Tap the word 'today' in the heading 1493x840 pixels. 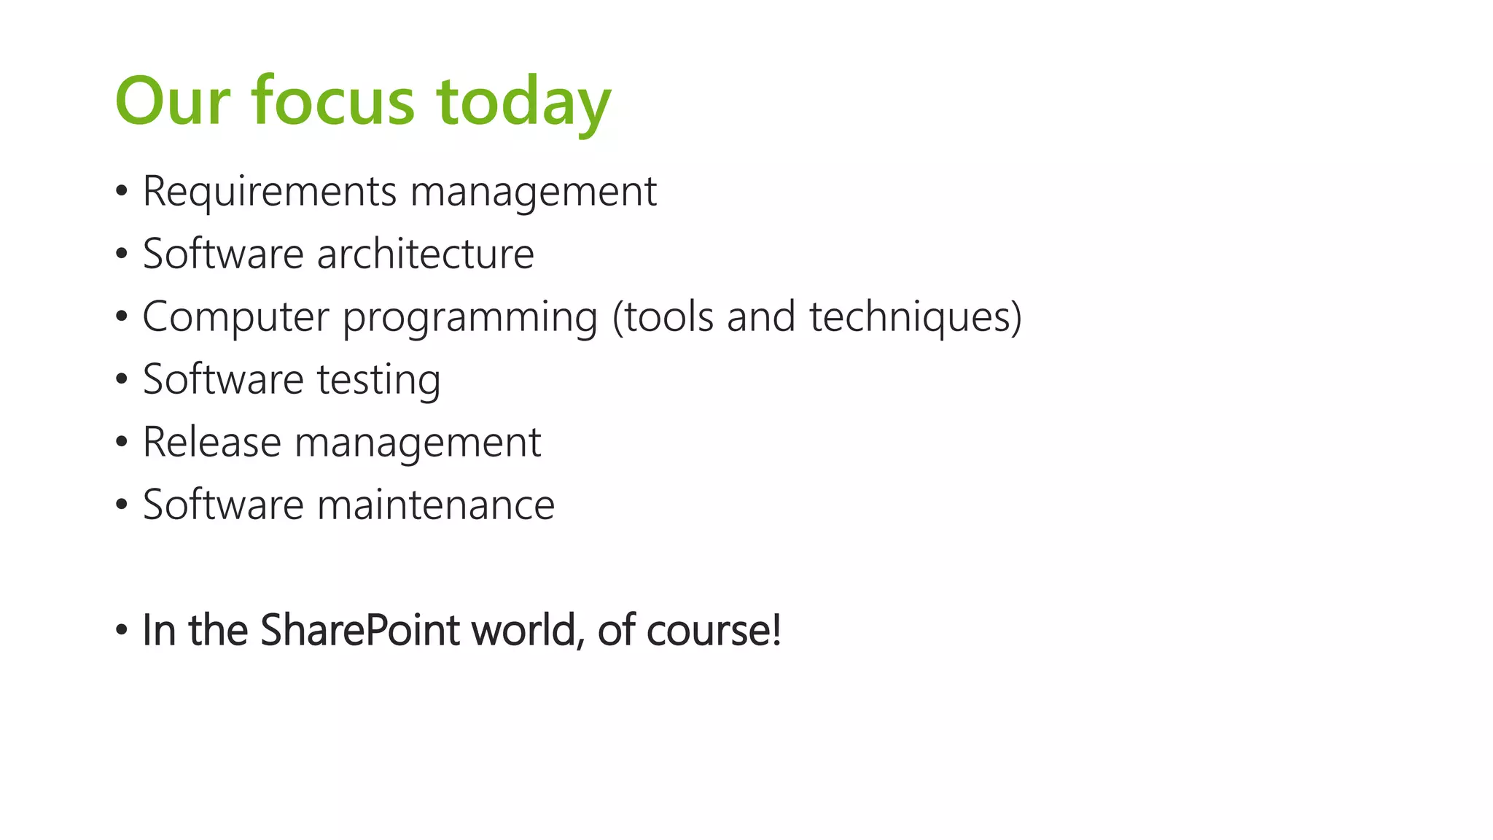tap(523, 102)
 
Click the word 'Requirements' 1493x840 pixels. tap(270, 192)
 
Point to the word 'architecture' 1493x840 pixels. tap(425, 254)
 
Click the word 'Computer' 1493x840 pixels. tap(235, 316)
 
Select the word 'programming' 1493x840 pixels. tap(470, 318)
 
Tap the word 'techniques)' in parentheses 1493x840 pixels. tap(916, 316)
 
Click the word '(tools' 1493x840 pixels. tap(663, 316)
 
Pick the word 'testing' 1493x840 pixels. tap(378, 380)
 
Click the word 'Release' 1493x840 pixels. tap(211, 442)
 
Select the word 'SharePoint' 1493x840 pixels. tap(359, 630)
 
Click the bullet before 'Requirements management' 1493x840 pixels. tap(122, 192)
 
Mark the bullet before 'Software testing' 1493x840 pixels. tap(122, 380)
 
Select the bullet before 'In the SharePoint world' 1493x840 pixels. tap(122, 630)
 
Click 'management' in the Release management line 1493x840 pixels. tap(417, 443)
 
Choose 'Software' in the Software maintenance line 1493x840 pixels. tap(223, 505)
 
